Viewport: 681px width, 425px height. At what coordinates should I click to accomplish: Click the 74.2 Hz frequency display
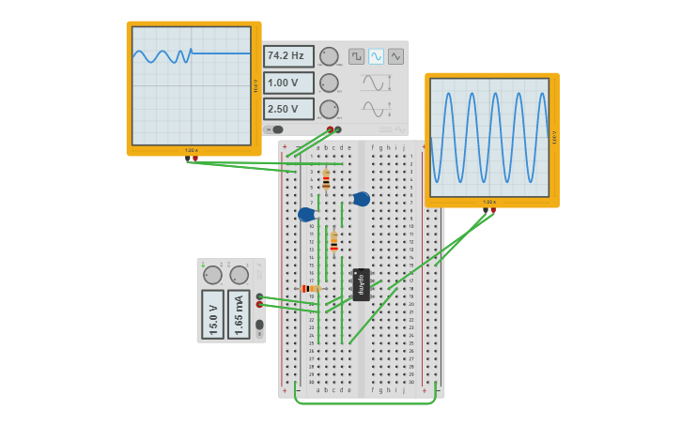[x=288, y=56]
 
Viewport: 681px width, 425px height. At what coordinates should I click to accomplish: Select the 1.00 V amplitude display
[x=288, y=83]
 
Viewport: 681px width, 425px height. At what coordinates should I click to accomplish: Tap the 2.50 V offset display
[x=288, y=109]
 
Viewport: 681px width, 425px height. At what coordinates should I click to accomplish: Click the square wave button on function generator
[x=356, y=56]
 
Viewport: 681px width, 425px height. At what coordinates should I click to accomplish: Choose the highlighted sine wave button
[x=376, y=56]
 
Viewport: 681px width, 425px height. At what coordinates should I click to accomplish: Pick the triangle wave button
[x=395, y=56]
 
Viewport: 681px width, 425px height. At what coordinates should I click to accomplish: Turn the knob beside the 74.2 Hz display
[x=329, y=56]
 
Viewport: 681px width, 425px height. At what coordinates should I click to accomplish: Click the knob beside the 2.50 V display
[x=329, y=109]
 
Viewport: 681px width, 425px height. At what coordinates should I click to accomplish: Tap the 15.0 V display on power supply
[x=213, y=314]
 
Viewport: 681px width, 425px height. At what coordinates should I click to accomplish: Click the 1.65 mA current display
[x=240, y=314]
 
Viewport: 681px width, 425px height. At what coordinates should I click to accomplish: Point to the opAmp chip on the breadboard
[x=361, y=283]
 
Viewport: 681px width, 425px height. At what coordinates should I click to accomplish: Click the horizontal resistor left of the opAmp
[x=308, y=289]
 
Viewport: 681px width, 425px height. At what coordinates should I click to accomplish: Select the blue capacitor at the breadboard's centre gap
[x=361, y=199]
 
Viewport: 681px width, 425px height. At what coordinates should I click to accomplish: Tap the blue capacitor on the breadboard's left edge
[x=306, y=215]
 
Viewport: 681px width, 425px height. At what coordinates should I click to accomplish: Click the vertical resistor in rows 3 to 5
[x=326, y=179]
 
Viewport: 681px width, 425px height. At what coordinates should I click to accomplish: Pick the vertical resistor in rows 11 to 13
[x=333, y=243]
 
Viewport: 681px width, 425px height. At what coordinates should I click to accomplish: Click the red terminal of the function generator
[x=330, y=129]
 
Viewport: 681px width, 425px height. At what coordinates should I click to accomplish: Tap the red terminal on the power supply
[x=259, y=304]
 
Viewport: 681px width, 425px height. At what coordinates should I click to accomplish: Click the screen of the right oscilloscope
[x=489, y=137]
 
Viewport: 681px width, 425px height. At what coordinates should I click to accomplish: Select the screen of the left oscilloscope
[x=192, y=85]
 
